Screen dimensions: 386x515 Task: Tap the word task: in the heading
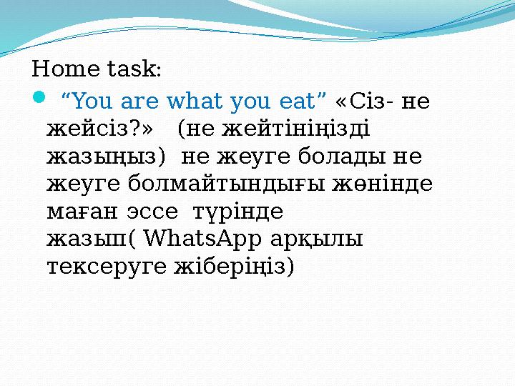tap(129, 69)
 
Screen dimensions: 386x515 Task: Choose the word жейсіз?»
tap(101, 129)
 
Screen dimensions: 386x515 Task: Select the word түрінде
tap(238, 212)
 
